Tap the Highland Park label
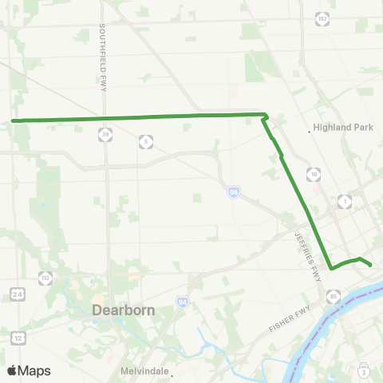tap(338, 128)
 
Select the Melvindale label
tap(145, 371)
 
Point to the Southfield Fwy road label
tap(103, 57)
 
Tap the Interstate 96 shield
tap(233, 193)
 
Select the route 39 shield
tap(105, 135)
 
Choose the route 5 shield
tap(145, 141)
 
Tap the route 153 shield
tap(45, 278)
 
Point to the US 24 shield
tap(18, 294)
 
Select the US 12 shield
tap(18, 339)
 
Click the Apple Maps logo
tap(29, 370)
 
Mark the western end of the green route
tap(14, 121)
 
